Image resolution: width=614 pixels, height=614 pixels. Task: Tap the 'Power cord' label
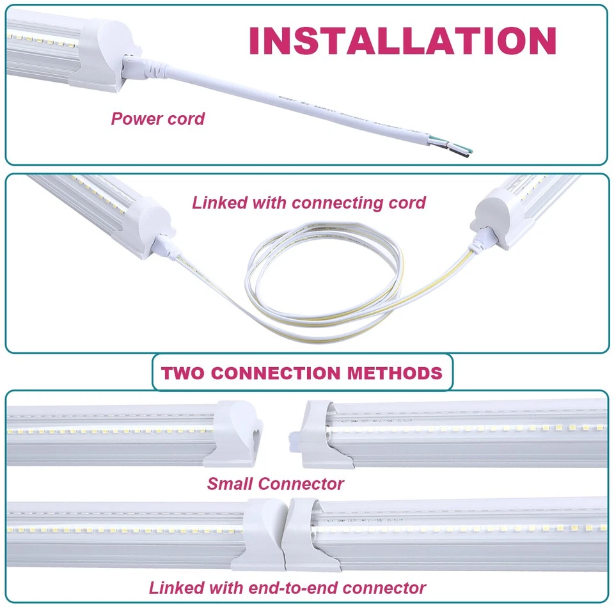point(157,118)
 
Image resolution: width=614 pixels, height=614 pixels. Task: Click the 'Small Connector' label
point(275,484)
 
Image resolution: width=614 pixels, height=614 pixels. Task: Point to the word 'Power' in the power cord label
point(134,118)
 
